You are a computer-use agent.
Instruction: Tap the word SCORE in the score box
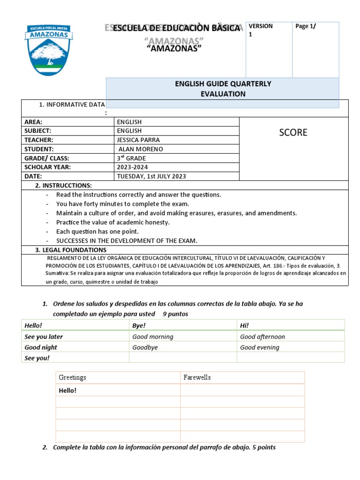pos(293,133)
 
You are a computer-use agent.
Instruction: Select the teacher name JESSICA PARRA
pos(138,140)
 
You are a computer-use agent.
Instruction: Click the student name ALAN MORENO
pos(141,149)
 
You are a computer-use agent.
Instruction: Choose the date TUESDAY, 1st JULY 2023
pos(151,176)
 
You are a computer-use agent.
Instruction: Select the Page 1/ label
pos(306,26)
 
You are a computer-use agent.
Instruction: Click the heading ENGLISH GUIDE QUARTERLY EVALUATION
pos(223,89)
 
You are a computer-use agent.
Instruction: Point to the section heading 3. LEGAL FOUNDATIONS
pos(70,250)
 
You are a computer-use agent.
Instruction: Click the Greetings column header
pos(72,377)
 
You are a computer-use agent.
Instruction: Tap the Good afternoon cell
pos(262,337)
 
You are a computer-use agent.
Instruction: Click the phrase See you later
pos(44,337)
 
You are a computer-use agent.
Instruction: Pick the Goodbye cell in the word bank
pos(145,347)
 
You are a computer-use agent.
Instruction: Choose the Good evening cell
pos(259,347)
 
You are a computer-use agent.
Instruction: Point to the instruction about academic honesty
pos(112,222)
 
